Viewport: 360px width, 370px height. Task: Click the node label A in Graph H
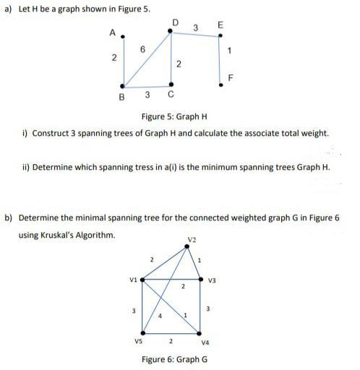[x=111, y=33]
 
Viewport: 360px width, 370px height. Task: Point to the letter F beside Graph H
[x=230, y=77]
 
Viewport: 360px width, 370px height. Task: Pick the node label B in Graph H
[x=121, y=96]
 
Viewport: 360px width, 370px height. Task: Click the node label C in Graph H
[x=171, y=95]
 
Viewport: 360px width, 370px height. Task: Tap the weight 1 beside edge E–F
[x=229, y=50]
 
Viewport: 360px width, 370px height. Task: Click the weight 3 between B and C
[x=147, y=95]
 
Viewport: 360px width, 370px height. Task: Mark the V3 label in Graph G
[x=212, y=280]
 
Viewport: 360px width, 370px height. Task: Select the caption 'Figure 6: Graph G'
[x=174, y=359]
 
